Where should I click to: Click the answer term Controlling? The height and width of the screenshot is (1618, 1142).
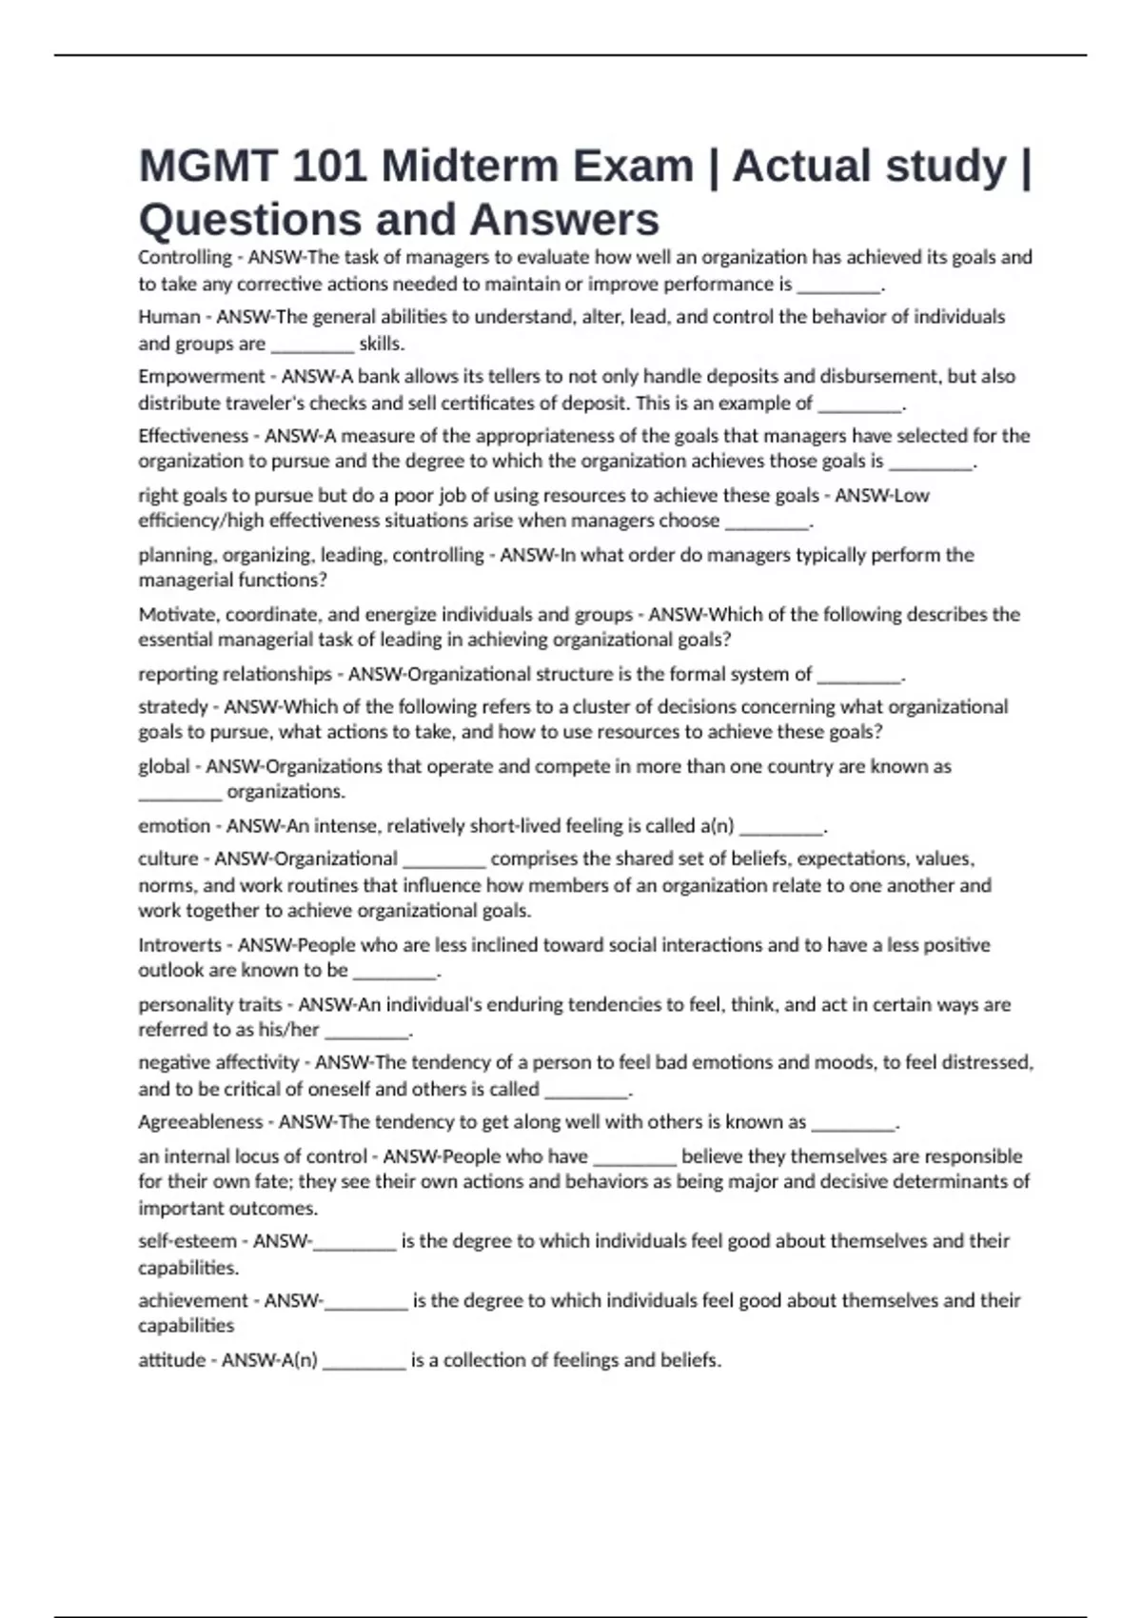pyautogui.click(x=185, y=257)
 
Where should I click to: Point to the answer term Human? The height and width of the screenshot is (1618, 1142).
pyautogui.click(x=169, y=317)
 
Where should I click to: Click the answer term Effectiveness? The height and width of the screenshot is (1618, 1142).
pyautogui.click(x=193, y=436)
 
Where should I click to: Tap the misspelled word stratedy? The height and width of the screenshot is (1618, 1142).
pyautogui.click(x=173, y=707)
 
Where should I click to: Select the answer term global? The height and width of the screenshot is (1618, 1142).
pyautogui.click(x=164, y=766)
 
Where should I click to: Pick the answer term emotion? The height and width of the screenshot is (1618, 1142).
pyautogui.click(x=174, y=826)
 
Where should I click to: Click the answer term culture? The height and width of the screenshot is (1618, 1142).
pyautogui.click(x=168, y=858)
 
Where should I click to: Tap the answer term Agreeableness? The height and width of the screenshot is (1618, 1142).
pyautogui.click(x=201, y=1122)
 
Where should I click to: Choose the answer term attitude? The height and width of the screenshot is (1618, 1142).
pyautogui.click(x=172, y=1360)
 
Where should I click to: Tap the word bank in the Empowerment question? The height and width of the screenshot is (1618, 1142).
pyautogui.click(x=379, y=376)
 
